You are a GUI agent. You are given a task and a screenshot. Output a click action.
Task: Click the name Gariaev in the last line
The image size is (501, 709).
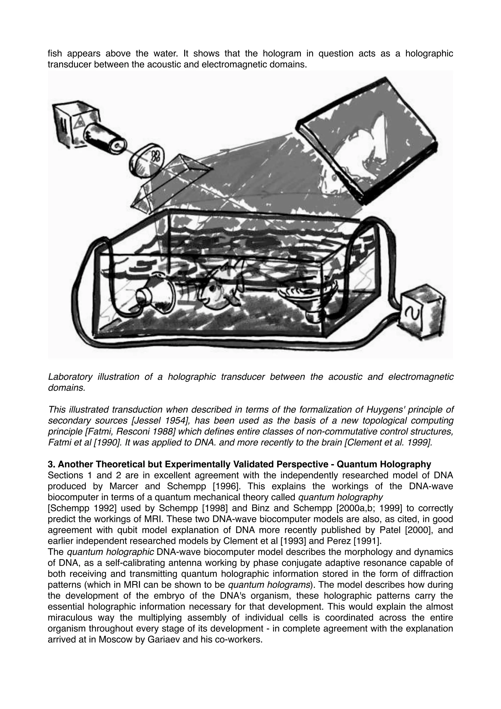[x=164, y=640]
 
